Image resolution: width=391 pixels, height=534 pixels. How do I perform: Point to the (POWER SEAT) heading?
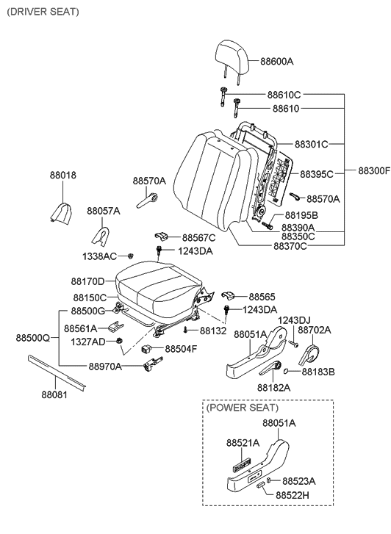(243, 407)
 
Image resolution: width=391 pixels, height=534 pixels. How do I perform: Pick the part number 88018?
(62, 176)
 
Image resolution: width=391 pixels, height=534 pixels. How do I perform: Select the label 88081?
(54, 393)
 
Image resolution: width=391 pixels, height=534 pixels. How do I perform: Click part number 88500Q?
(32, 339)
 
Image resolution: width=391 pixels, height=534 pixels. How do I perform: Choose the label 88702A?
(314, 331)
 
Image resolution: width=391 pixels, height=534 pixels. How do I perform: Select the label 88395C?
(316, 174)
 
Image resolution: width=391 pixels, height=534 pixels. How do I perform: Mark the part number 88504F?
(180, 349)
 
